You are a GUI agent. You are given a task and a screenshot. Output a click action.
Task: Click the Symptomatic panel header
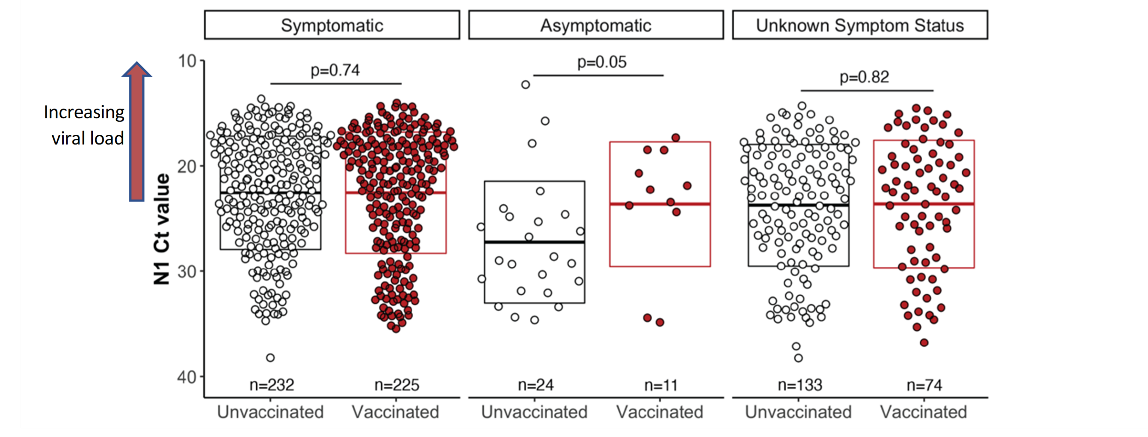332,26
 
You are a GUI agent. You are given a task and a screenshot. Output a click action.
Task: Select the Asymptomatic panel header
596,26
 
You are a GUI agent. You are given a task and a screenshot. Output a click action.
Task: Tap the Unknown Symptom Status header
860,26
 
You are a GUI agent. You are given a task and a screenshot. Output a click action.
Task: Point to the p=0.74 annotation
335,70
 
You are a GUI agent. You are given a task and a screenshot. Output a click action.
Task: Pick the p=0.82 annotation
864,77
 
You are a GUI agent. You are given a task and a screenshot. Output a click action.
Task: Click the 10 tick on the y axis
187,61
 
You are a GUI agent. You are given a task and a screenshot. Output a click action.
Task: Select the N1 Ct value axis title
162,229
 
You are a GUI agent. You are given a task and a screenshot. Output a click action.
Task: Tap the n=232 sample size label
271,385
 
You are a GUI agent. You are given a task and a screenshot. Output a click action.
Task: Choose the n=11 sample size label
661,385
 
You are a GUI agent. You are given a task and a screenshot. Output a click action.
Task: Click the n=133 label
800,385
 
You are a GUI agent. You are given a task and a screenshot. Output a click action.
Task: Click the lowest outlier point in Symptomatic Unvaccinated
270,357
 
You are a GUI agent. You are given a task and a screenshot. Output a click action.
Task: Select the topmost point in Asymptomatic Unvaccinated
525,85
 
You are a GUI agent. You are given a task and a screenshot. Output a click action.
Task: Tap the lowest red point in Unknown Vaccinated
924,343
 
